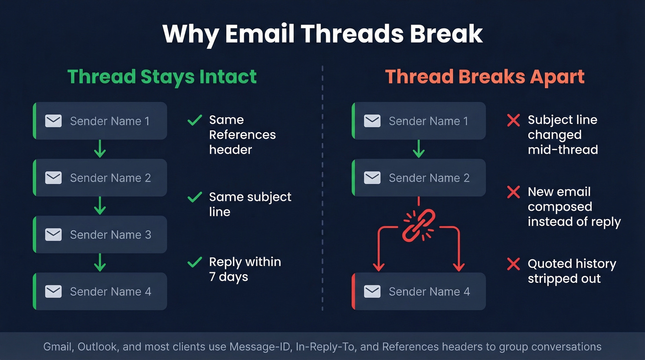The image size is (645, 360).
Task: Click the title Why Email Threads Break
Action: click(x=322, y=34)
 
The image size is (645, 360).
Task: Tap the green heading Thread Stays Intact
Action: click(x=162, y=77)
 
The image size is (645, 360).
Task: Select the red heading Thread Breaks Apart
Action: click(x=485, y=77)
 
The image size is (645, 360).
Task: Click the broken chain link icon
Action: click(x=418, y=225)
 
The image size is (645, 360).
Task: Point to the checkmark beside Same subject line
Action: click(x=194, y=198)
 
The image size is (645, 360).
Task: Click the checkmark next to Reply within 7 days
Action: click(x=194, y=263)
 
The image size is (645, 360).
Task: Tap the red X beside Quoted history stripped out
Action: click(x=513, y=265)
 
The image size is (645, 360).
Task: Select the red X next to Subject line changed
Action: click(x=513, y=121)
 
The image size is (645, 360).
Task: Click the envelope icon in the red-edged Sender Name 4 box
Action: click(x=372, y=291)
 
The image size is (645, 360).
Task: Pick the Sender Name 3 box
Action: click(x=100, y=235)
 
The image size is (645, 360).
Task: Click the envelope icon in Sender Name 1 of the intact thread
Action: click(x=53, y=121)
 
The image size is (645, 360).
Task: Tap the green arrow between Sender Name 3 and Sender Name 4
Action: click(x=100, y=263)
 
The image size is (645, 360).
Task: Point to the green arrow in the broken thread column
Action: click(x=418, y=149)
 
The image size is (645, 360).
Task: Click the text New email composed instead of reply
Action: click(x=574, y=207)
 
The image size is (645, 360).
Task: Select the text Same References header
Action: click(x=242, y=135)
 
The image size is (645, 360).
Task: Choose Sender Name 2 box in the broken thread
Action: click(x=418, y=178)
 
